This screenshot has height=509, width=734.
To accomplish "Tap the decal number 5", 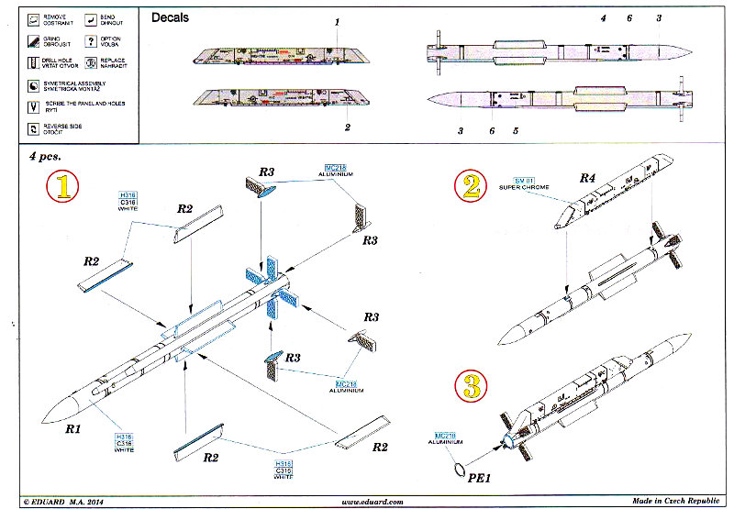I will tap(516, 131).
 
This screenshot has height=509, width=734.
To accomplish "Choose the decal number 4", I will tap(603, 18).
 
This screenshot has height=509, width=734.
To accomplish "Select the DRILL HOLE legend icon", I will tap(33, 62).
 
